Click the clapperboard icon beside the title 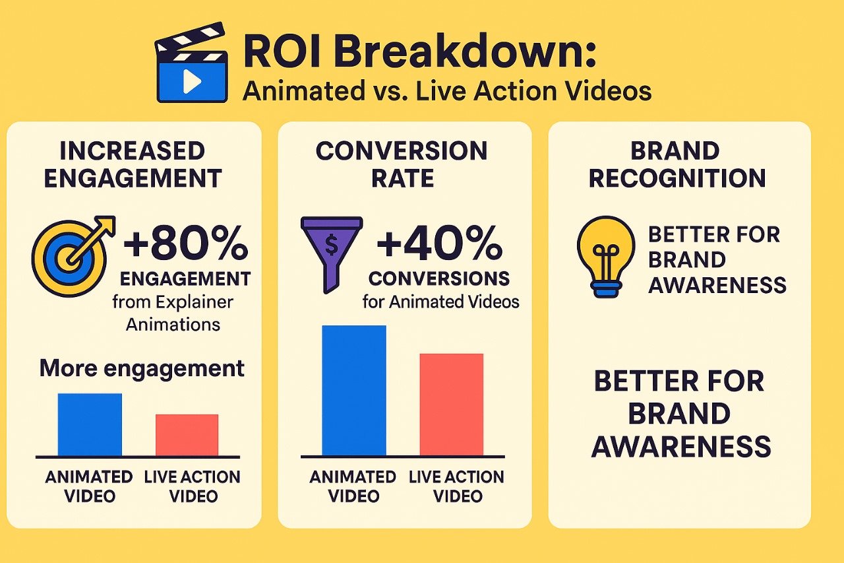pos(191,63)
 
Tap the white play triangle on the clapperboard pos(192,81)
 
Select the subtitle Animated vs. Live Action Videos pos(447,90)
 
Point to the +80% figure pos(186,244)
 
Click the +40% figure pos(439,244)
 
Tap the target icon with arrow pos(73,255)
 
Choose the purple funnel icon pos(332,254)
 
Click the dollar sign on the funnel pos(331,244)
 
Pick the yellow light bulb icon pos(606,257)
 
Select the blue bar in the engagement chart pos(90,424)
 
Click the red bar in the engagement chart pos(187,435)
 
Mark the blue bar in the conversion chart pos(354,391)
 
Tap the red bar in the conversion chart pos(452,405)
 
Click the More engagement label pos(142,368)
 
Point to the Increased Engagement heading pos(133,164)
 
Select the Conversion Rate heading pos(402,164)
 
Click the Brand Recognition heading pos(677,164)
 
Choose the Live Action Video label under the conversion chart pos(457,486)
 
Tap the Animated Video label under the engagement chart pos(89,486)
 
